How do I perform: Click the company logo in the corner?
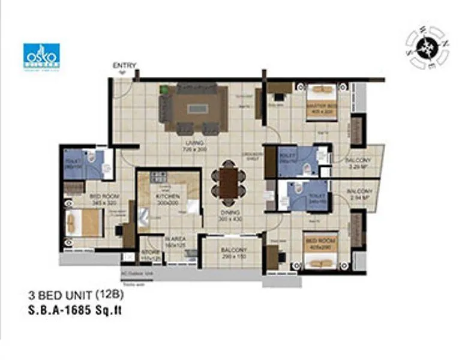click(x=41, y=56)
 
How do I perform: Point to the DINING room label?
click(x=229, y=213)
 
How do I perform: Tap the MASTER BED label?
click(x=319, y=107)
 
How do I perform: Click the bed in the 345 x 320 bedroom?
click(x=84, y=223)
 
